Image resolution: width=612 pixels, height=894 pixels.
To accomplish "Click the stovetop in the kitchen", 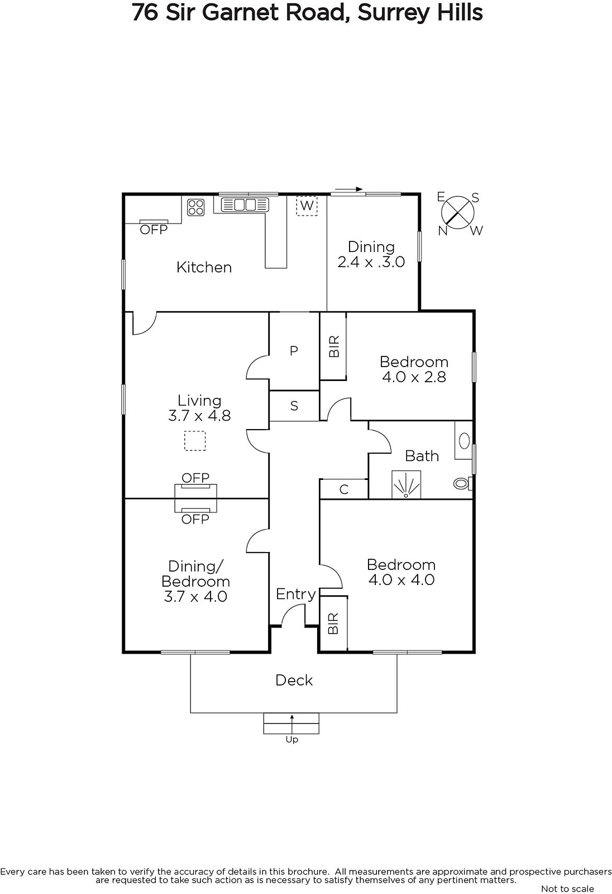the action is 196,207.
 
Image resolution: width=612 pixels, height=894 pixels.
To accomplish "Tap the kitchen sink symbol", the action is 245,205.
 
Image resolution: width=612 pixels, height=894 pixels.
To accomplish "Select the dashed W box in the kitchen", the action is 307,206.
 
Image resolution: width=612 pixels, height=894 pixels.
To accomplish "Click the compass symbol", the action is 458,213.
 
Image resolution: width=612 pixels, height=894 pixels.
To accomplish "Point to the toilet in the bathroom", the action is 463,484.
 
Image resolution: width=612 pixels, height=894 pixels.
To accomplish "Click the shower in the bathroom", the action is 406,484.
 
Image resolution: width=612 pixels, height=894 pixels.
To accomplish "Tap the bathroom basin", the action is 463,441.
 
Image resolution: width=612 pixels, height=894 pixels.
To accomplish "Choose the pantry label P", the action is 294,351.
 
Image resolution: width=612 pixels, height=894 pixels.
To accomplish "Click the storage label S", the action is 294,406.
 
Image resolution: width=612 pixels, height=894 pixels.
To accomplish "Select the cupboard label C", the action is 344,489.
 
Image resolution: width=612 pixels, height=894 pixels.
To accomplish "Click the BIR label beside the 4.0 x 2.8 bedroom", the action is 334,346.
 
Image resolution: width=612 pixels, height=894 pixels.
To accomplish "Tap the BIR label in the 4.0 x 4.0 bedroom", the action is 333,624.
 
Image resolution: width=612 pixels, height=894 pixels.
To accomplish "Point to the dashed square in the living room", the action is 195,441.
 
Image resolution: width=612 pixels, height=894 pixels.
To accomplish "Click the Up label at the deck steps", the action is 292,740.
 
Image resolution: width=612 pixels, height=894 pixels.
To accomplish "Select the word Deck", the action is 294,680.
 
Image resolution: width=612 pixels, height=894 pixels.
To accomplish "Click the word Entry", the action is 295,595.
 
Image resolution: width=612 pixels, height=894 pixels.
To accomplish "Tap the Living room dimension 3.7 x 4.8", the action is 199,416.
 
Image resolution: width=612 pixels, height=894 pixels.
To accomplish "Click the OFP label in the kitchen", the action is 154,230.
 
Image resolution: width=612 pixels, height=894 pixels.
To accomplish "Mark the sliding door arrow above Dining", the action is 348,189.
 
